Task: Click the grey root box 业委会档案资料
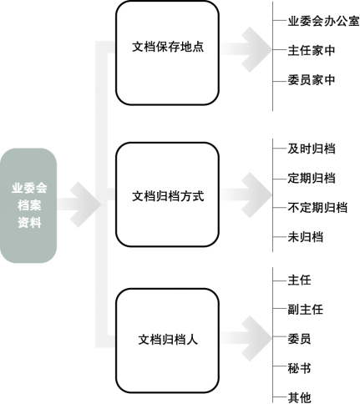(28, 205)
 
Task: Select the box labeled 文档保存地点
(167, 53)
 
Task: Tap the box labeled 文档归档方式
(167, 194)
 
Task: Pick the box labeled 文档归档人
(167, 341)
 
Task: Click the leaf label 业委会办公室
(323, 21)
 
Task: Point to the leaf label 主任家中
(312, 51)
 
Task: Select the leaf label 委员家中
(312, 80)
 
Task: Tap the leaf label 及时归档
(312, 149)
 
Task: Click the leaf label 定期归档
(312, 178)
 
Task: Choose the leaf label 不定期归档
(317, 208)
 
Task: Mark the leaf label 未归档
(306, 237)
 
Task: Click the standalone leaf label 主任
(299, 280)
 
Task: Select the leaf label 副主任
(306, 310)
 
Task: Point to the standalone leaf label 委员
(299, 339)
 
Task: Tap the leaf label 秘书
(299, 368)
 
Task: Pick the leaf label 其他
(299, 397)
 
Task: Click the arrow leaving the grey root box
(79, 205)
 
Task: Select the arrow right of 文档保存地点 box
(246, 49)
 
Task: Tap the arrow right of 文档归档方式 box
(246, 194)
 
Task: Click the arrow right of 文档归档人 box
(246, 339)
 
